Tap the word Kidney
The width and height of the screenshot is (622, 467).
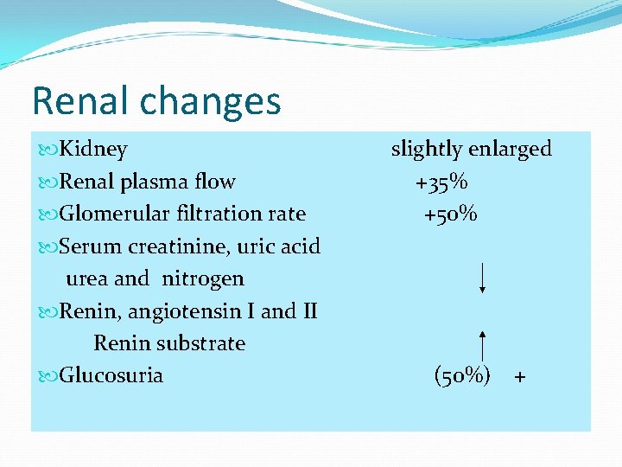(x=93, y=149)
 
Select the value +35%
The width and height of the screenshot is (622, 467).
(x=441, y=182)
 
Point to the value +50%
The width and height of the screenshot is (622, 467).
(x=450, y=214)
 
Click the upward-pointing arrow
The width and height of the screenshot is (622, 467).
(x=482, y=347)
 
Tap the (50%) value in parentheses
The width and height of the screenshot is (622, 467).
(x=462, y=375)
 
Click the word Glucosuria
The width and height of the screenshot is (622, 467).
(x=111, y=375)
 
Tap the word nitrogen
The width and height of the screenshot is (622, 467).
(x=203, y=278)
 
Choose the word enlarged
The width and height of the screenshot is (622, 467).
(x=511, y=150)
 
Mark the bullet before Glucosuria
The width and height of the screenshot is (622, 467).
(x=48, y=376)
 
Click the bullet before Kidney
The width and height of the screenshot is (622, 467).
(x=48, y=150)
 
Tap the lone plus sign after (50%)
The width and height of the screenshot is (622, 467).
(x=519, y=377)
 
